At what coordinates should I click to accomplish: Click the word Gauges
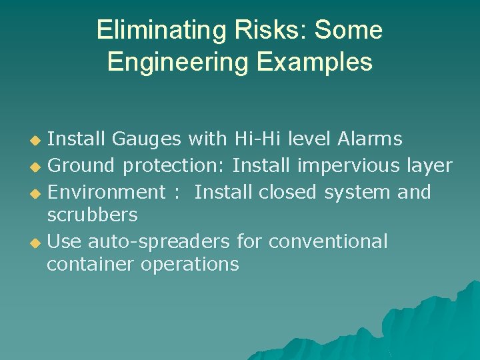[x=147, y=139]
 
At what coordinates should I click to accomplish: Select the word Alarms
[x=370, y=139]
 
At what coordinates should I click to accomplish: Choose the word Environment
[x=107, y=192]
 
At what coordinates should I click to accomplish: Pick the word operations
[x=189, y=265]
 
